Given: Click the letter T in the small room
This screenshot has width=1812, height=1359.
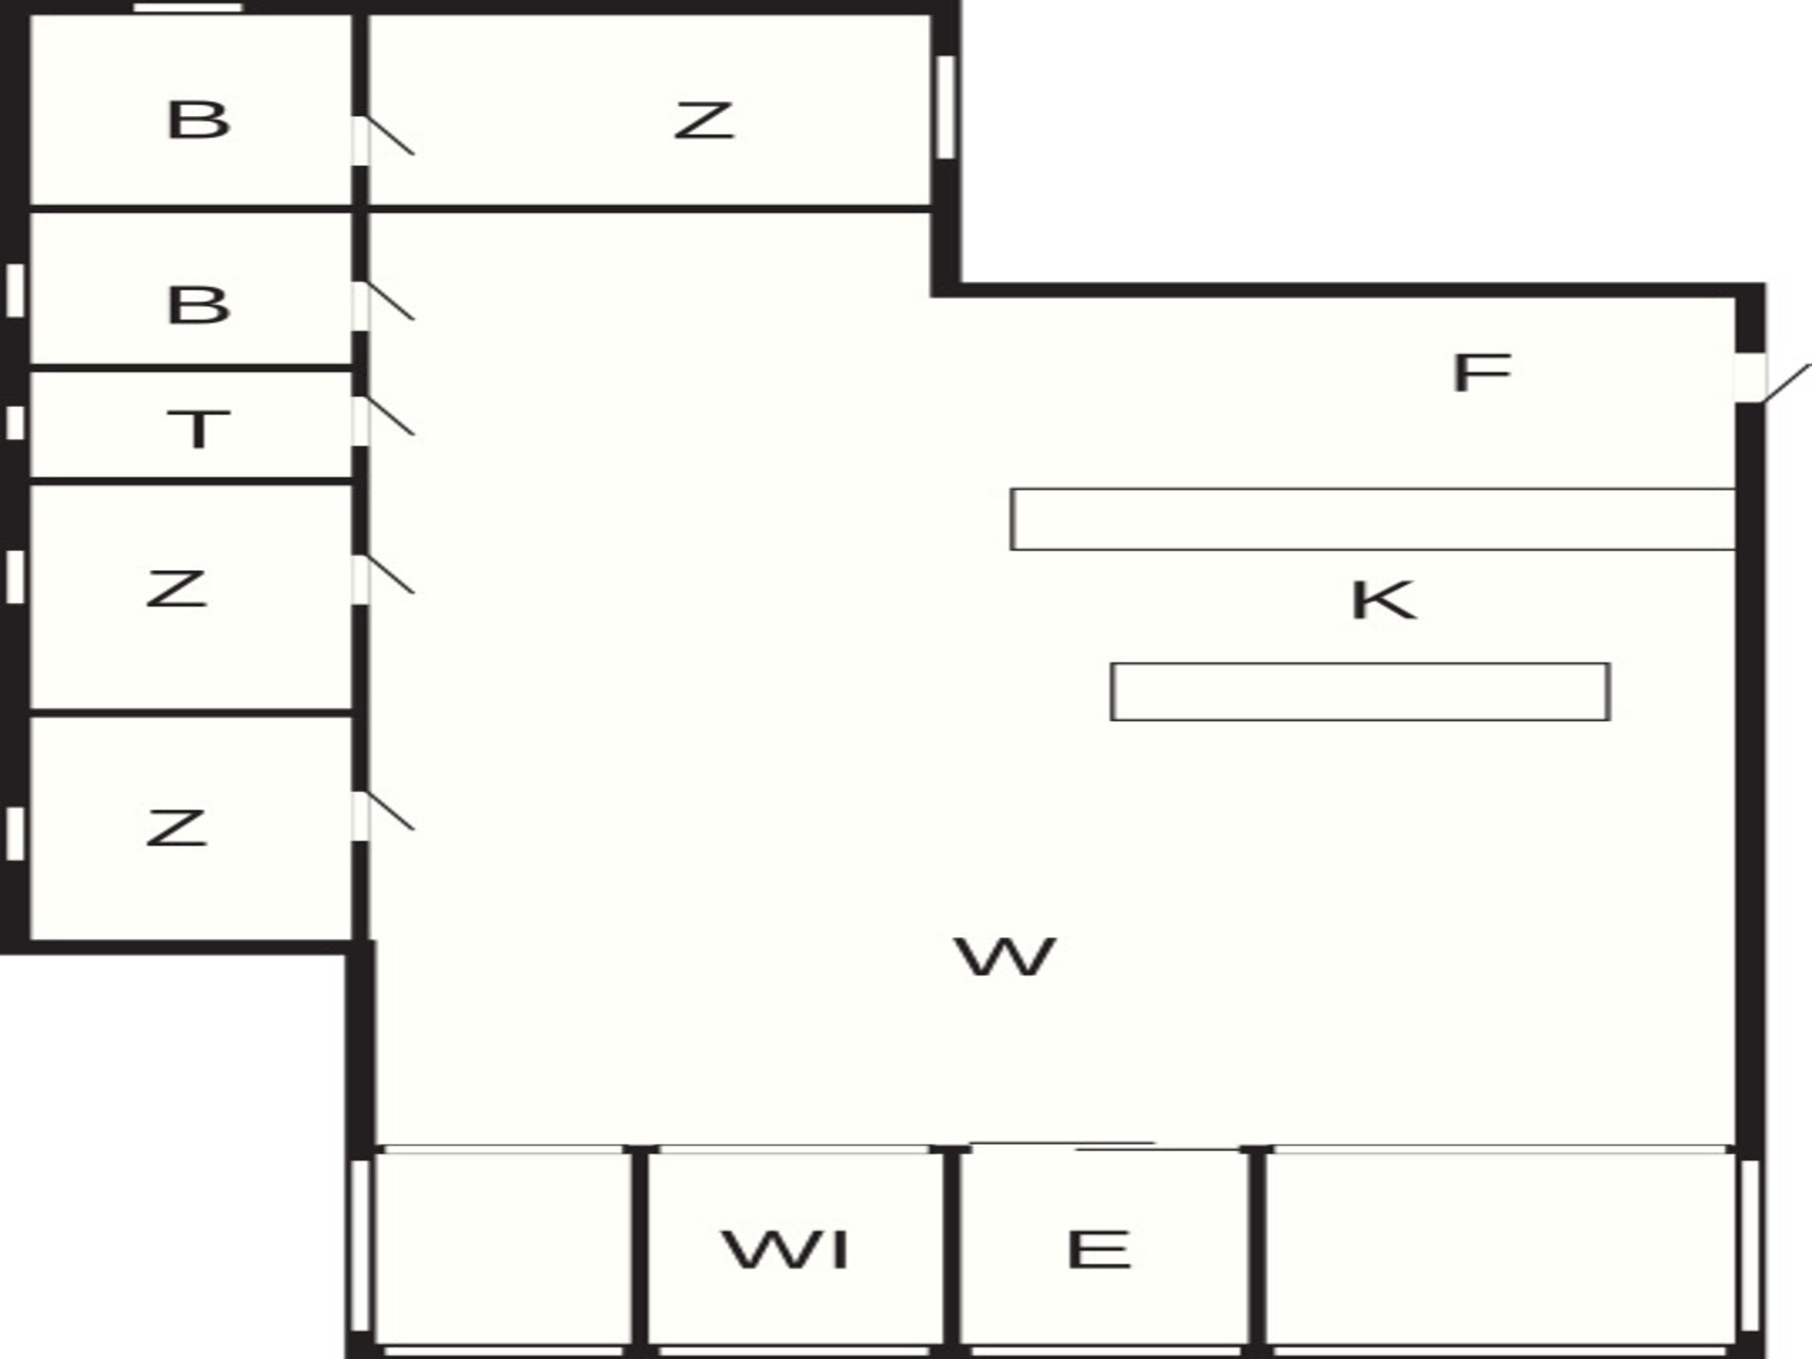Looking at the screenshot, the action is (x=198, y=428).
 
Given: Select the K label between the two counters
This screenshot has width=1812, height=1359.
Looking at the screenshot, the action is (x=1384, y=600).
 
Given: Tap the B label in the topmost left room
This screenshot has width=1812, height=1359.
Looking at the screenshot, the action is (x=198, y=120).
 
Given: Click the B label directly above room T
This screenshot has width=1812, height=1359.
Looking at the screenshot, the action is (x=198, y=305).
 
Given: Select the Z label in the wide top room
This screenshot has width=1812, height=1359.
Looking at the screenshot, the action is (x=704, y=121).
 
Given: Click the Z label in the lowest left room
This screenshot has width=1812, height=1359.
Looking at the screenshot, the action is (x=176, y=827).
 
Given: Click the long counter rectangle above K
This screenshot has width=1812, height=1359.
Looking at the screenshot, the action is (x=1373, y=519).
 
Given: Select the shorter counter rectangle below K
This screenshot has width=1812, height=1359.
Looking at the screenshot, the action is (x=1360, y=692).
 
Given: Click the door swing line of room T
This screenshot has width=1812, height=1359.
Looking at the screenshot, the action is (x=390, y=416).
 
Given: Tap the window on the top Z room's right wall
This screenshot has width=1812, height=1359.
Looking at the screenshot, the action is (x=946, y=108).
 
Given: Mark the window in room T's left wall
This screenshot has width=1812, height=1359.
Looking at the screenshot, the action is (x=15, y=423).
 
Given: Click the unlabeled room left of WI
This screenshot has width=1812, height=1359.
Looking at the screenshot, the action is (x=503, y=1249).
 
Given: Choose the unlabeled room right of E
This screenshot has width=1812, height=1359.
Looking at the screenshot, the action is (x=1501, y=1249).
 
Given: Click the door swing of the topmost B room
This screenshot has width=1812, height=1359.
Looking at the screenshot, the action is (x=390, y=135).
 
